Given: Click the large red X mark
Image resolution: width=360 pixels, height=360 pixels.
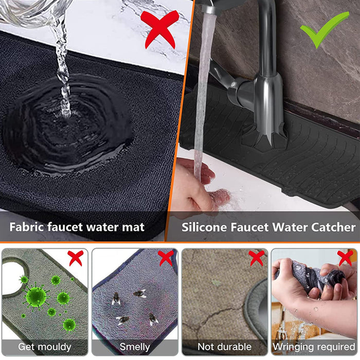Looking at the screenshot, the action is coord(159,29).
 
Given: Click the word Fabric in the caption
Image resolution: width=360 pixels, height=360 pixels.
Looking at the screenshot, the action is coord(27,227).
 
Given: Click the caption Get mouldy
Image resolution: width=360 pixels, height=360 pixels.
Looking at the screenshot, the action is coord(45,347).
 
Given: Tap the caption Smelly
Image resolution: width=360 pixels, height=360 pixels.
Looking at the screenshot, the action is coord(135,347).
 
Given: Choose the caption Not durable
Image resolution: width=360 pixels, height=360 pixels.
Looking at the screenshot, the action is coord(225,347).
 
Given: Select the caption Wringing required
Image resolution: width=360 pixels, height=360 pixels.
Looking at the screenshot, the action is coord(314,347).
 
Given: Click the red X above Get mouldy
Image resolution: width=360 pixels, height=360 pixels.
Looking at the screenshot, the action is coord(76,258).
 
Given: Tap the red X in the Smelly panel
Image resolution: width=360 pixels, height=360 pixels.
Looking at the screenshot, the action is coord(166,258).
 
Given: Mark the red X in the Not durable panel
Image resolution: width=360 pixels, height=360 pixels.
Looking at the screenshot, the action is coord(257,258).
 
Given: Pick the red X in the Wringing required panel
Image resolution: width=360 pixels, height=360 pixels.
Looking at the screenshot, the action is coord(345,258).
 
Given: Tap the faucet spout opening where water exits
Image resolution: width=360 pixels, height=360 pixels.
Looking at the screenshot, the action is coord(209,11).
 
